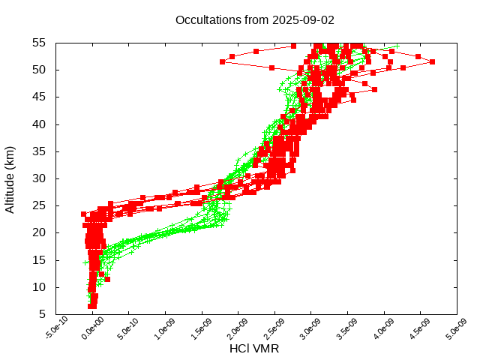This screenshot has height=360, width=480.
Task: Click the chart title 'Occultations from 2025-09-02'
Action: (255, 19)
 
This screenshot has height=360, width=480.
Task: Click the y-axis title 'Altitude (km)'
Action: (10, 178)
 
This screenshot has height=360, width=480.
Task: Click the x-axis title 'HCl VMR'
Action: (254, 349)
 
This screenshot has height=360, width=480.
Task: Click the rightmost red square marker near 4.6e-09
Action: (432, 61)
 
